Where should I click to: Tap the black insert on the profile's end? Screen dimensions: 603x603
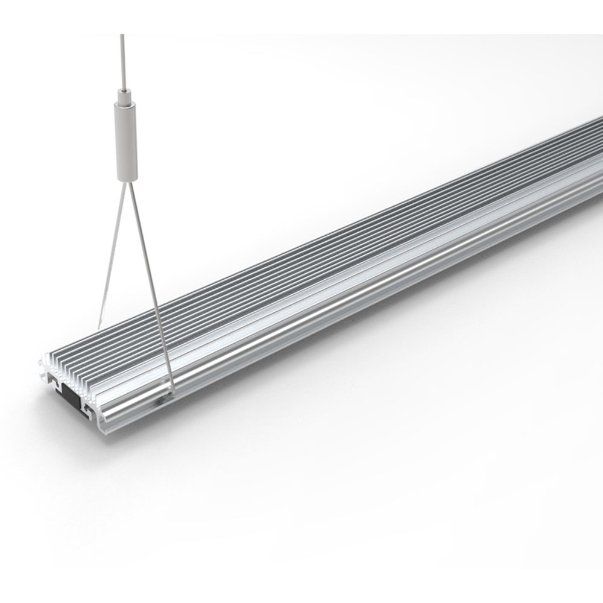click(x=71, y=399)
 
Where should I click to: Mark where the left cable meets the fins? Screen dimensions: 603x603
click(x=98, y=326)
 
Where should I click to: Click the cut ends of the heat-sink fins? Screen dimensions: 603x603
click(x=72, y=371)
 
